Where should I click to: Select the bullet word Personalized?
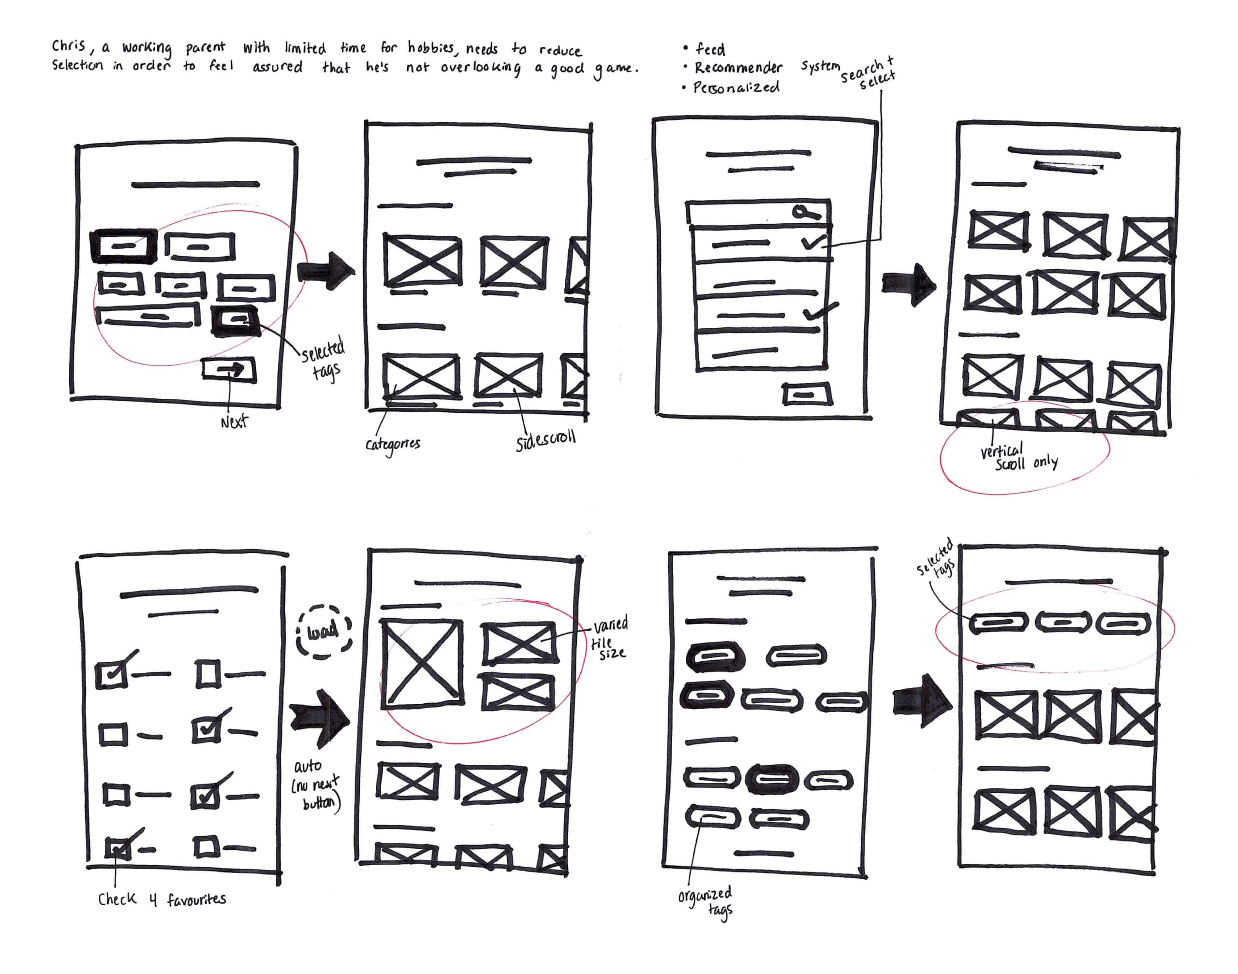coord(736,88)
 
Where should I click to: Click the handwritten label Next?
coord(234,422)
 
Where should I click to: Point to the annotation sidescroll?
coord(545,441)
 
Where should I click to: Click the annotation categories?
coord(393,444)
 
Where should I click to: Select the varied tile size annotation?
coord(609,638)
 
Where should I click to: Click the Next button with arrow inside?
coord(229,371)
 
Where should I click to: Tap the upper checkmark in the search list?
coord(812,242)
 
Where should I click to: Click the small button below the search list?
coord(806,393)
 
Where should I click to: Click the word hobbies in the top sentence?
coord(431,47)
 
